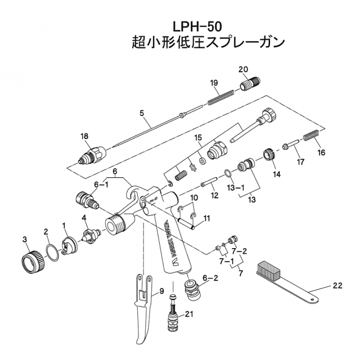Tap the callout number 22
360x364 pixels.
pyautogui.click(x=337, y=286)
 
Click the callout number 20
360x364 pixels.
pyautogui.click(x=243, y=69)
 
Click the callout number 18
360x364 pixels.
pyautogui.click(x=85, y=136)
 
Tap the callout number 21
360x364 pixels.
pyautogui.click(x=189, y=314)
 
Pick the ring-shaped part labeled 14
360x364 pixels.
pyautogui.click(x=270, y=155)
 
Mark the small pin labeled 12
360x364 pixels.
pyautogui.click(x=209, y=184)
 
